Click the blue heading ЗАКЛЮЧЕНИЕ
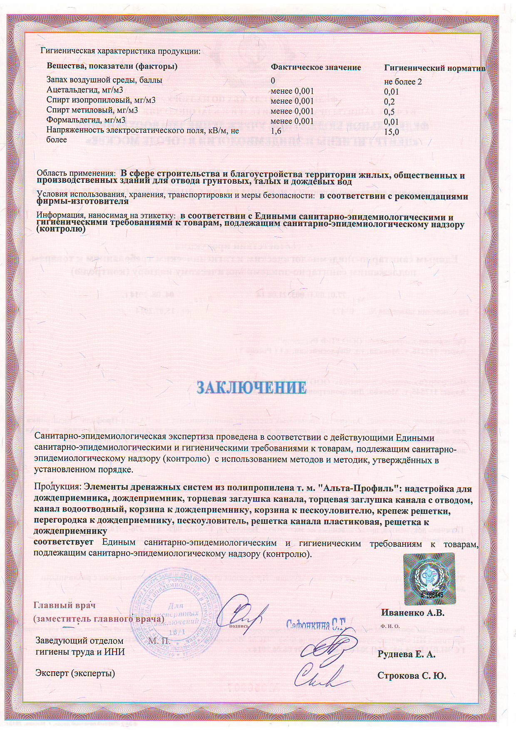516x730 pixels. click(251, 387)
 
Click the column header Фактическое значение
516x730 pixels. click(315, 67)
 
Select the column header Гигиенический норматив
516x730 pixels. click(434, 68)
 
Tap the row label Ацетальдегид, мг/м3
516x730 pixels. click(84, 90)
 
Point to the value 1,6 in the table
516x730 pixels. click(276, 131)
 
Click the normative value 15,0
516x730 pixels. click(391, 132)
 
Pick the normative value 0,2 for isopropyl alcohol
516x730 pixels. click(389, 102)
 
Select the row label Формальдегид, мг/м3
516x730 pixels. click(86, 120)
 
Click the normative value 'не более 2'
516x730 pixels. click(403, 82)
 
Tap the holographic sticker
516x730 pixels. click(429, 579)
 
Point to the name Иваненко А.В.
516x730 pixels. click(412, 613)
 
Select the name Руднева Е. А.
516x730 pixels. click(406, 654)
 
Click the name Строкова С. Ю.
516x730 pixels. click(411, 675)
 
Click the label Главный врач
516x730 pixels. click(64, 605)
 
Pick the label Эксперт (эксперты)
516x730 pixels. click(75, 673)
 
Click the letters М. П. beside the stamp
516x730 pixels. click(159, 641)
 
